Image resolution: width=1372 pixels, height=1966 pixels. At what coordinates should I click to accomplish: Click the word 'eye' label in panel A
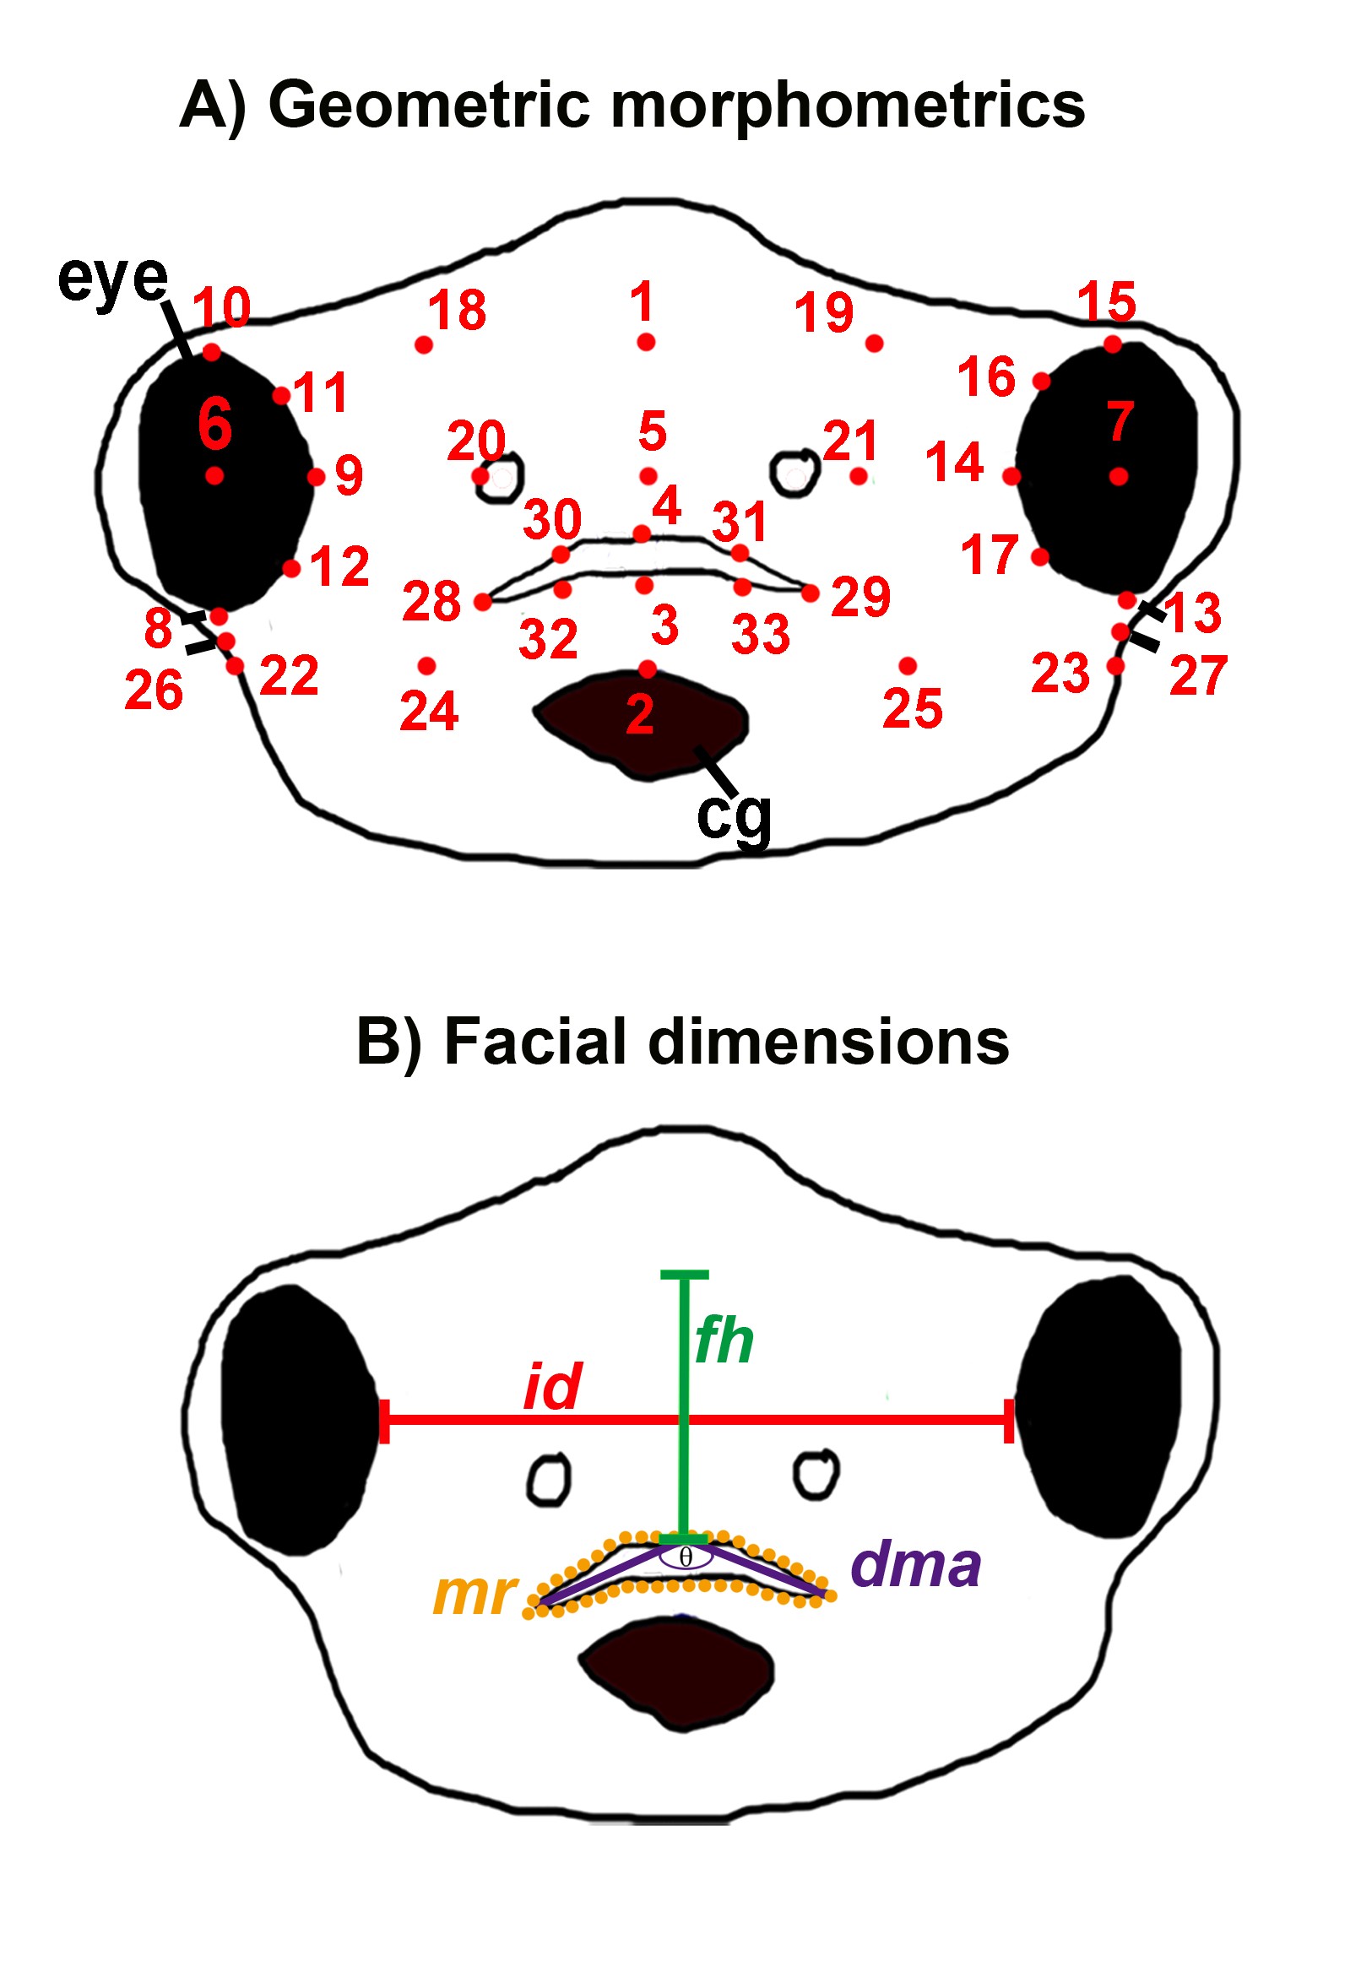point(112,280)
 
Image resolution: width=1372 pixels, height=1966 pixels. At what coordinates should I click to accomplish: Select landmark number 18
point(423,345)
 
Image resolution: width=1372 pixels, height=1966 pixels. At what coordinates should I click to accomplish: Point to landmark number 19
point(874,344)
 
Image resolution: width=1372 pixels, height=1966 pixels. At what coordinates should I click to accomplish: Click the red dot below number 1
point(646,343)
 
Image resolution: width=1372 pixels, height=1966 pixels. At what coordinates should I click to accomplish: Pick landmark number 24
point(426,665)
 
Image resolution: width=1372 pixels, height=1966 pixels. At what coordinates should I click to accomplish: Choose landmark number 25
point(908,665)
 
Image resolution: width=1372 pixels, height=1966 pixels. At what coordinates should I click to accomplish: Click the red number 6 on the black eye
point(214,424)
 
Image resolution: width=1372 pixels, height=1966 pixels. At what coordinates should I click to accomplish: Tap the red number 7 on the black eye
point(1120,421)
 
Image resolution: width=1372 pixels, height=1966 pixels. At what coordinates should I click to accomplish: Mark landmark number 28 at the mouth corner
point(483,602)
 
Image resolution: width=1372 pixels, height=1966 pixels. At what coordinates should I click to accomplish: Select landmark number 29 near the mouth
point(811,593)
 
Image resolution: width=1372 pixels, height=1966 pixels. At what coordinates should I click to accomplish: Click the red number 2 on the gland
point(640,715)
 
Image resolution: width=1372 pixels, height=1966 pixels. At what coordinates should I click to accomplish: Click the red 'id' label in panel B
point(552,1386)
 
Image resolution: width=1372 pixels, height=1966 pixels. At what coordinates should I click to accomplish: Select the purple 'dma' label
point(915,1565)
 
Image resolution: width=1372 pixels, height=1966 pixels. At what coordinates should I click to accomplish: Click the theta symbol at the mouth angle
point(685,1556)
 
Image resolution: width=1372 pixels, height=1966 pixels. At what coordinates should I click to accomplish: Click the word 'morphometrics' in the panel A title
point(847,106)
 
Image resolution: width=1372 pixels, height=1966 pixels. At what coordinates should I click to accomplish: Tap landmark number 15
point(1113,344)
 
